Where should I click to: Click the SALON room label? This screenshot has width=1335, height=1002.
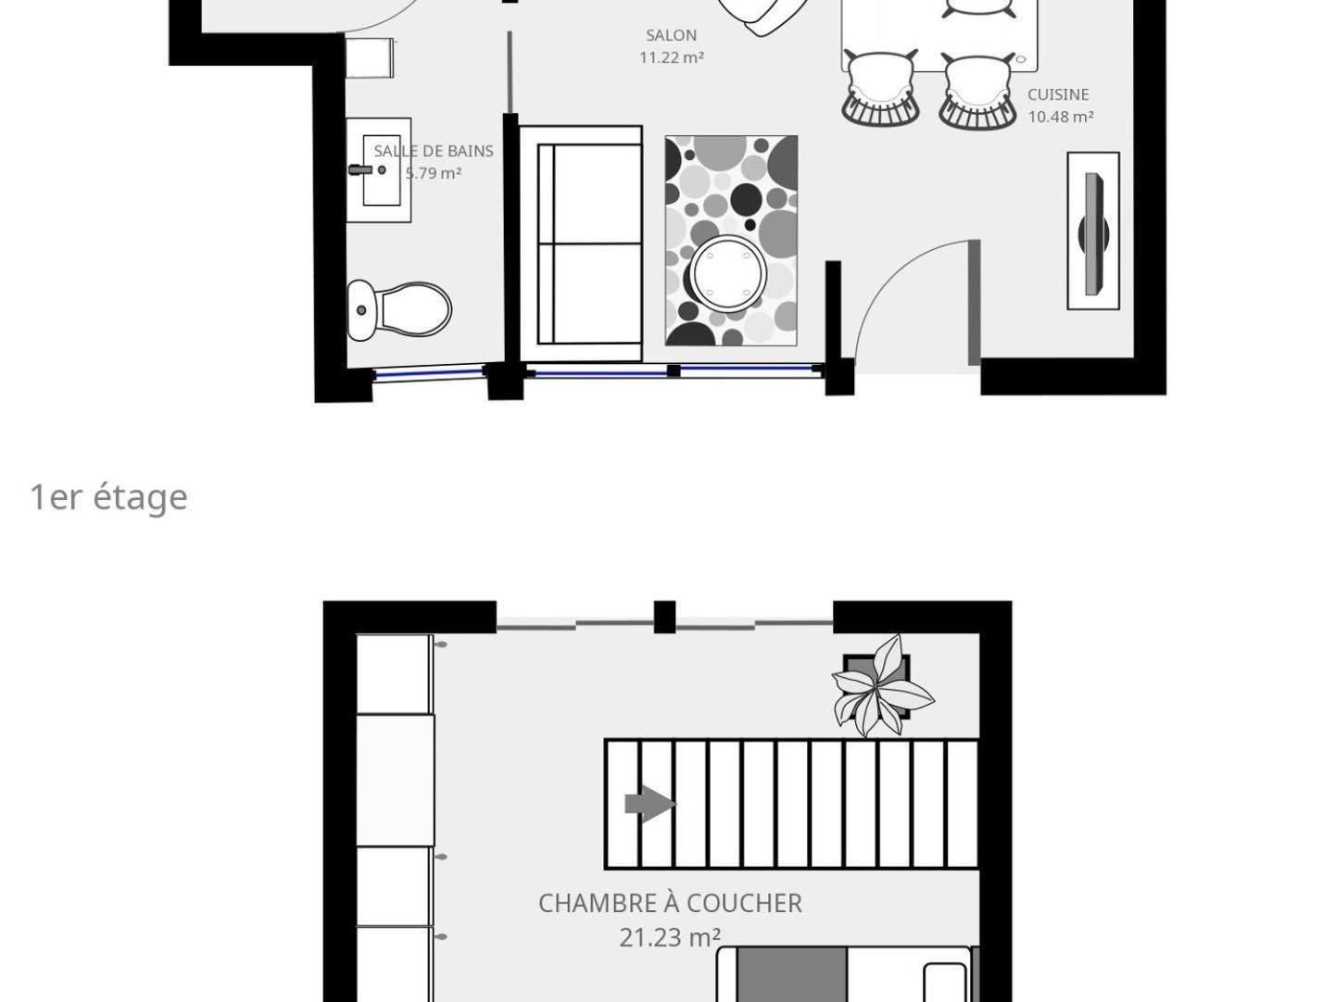tap(671, 35)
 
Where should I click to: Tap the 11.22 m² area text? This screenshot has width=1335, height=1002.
tap(671, 57)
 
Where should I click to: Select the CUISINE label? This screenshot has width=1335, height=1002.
tap(1058, 94)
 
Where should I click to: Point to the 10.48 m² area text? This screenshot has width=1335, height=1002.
tap(1060, 117)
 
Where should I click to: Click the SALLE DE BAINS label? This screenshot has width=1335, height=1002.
tap(434, 151)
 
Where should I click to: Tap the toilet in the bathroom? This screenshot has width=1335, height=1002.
tap(400, 309)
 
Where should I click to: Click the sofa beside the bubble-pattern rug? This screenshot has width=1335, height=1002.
tap(581, 244)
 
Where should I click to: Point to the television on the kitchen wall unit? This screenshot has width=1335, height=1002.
tap(1094, 232)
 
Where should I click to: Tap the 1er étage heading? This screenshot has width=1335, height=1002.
tap(108, 497)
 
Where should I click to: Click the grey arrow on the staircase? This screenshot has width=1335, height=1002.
tap(649, 804)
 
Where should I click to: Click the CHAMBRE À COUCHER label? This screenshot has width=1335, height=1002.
tap(670, 903)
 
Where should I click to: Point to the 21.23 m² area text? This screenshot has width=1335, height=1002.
tap(670, 937)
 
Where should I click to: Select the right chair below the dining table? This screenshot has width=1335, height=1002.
tap(977, 90)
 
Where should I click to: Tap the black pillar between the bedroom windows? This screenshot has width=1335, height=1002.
tap(664, 617)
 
